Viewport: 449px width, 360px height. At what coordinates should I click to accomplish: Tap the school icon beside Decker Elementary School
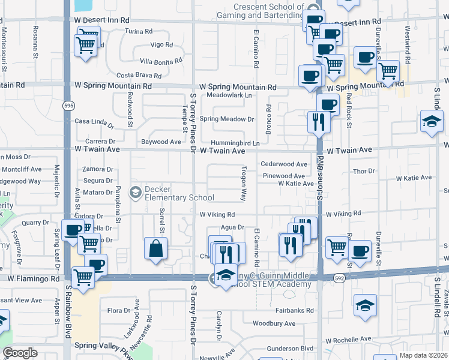(x=136, y=193)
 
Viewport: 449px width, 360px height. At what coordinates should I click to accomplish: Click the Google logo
(x=20, y=353)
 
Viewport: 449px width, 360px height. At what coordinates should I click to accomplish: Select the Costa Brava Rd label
(x=139, y=76)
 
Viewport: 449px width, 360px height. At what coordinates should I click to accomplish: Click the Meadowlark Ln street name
(x=229, y=95)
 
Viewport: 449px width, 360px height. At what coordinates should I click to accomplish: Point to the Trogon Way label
(x=244, y=184)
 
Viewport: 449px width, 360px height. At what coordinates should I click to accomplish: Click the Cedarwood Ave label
(x=284, y=164)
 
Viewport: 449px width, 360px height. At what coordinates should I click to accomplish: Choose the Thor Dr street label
(x=364, y=171)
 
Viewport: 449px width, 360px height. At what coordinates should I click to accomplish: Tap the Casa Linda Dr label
(x=94, y=122)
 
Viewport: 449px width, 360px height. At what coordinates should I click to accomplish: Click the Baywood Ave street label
(x=160, y=142)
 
